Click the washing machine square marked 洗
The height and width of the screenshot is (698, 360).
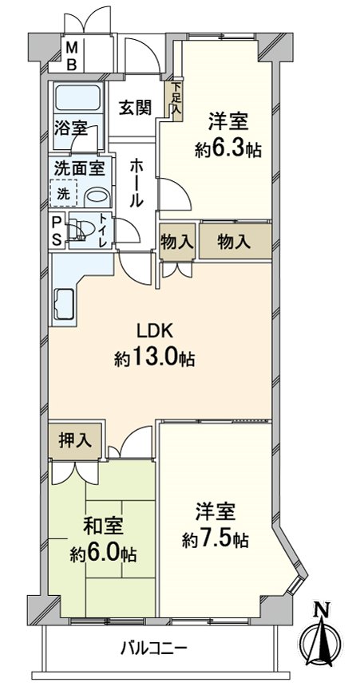(x=62, y=192)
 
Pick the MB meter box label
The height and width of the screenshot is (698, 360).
(x=71, y=56)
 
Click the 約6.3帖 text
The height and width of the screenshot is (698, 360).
(x=229, y=148)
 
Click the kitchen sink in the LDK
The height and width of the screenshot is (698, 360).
(x=65, y=304)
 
